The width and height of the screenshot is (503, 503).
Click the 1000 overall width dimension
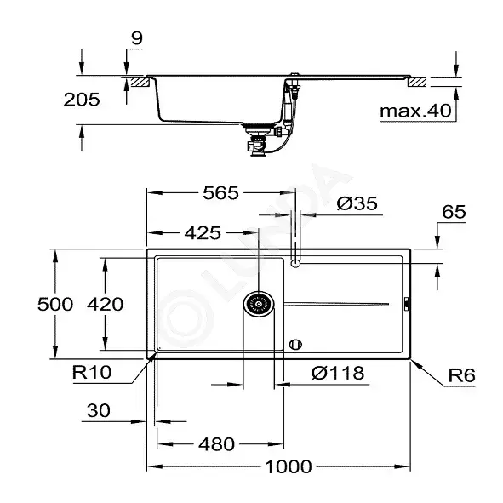point(288,466)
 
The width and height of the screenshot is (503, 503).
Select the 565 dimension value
point(220,193)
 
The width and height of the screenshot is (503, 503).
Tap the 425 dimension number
point(203,233)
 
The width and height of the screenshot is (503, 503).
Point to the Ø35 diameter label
point(357,203)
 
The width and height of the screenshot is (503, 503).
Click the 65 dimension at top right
point(454,212)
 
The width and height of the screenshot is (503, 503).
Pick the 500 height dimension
point(55,304)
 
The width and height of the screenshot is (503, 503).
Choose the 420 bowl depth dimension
point(105,304)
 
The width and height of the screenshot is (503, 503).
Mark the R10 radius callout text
point(92,373)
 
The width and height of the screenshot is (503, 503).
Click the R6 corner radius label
point(461,375)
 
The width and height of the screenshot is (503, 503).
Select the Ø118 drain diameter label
point(338,373)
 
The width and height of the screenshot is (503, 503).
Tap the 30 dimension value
point(99,410)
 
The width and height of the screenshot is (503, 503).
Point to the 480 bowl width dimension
point(216,444)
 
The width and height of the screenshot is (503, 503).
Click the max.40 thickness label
point(415,111)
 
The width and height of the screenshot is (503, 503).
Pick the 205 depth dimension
point(82,100)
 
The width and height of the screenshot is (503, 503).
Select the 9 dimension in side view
point(137,38)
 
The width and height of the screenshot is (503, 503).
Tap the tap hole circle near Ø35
point(295,263)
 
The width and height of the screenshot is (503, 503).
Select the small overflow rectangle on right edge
point(406,304)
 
